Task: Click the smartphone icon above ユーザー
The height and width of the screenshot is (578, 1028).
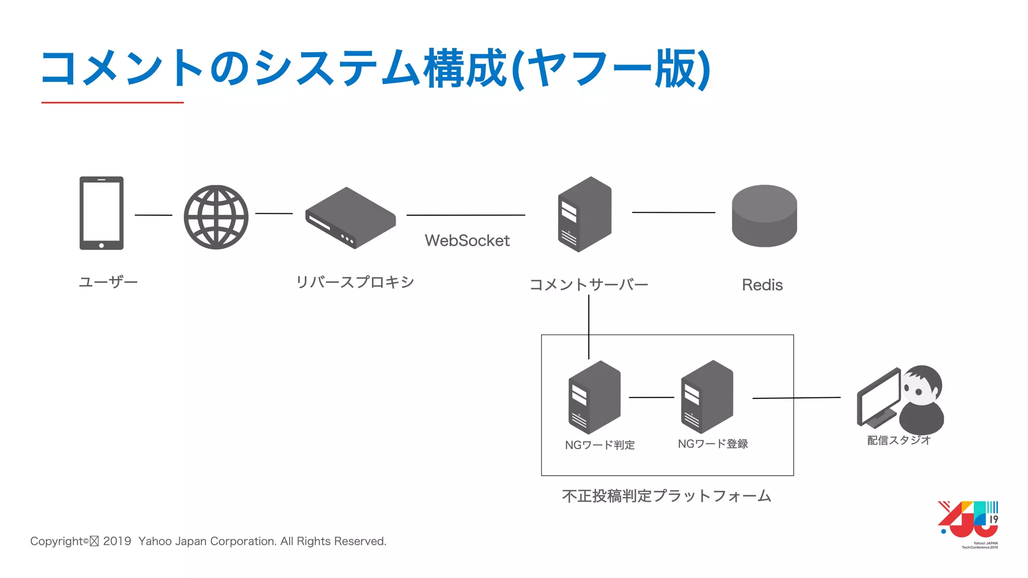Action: click(x=101, y=213)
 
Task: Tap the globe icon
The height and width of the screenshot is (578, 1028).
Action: click(x=216, y=217)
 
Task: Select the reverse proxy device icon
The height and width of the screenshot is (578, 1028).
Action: click(x=350, y=218)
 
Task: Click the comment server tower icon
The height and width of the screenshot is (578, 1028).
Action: click(x=584, y=214)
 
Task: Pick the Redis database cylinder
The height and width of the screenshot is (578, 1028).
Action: click(x=764, y=216)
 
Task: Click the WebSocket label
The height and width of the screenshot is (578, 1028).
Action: click(x=467, y=241)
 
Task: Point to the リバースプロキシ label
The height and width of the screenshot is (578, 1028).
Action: click(x=355, y=282)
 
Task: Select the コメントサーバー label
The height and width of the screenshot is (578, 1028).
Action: click(x=589, y=284)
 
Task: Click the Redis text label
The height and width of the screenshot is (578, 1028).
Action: click(x=762, y=285)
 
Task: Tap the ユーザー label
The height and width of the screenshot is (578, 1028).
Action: click(x=108, y=282)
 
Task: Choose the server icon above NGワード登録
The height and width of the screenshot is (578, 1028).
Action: click(x=707, y=397)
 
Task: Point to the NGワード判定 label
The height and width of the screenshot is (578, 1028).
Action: click(x=600, y=445)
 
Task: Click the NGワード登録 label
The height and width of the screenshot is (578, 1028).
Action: click(x=713, y=444)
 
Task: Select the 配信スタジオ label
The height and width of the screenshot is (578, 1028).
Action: click(x=899, y=440)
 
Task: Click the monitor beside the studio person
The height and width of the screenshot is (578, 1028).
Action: click(x=878, y=396)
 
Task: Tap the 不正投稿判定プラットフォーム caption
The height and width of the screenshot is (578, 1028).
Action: click(x=667, y=496)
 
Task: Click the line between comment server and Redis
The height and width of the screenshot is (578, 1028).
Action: click(x=673, y=213)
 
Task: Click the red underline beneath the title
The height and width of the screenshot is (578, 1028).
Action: click(x=112, y=102)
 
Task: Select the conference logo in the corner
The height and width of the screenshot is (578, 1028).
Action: click(x=968, y=522)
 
